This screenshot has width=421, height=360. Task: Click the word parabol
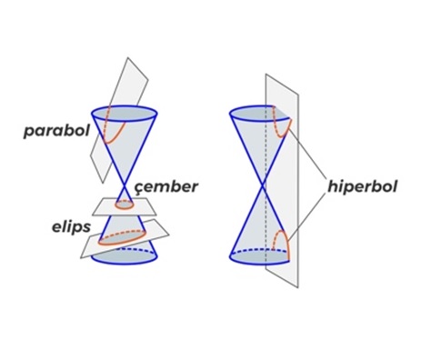55,131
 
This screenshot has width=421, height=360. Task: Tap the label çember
166,186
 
